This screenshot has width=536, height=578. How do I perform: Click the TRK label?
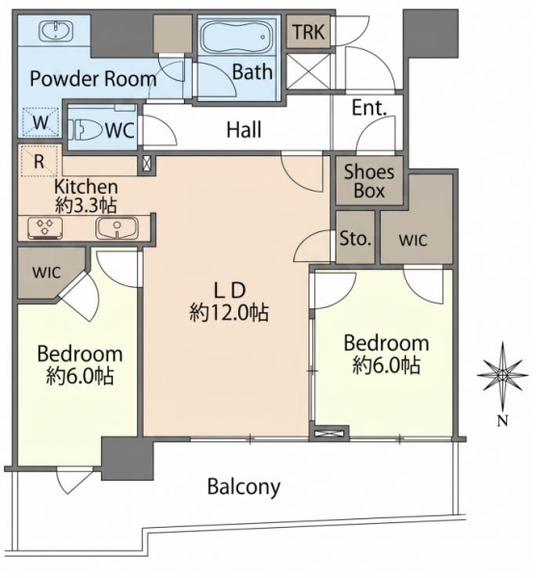tap(308, 32)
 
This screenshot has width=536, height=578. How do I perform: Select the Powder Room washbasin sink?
tap(57, 31)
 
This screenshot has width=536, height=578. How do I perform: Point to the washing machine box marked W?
tap(40, 121)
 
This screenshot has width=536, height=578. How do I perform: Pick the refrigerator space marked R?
tap(40, 161)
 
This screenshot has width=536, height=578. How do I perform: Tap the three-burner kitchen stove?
tap(44, 228)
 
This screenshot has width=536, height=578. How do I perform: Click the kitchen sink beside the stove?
tap(117, 228)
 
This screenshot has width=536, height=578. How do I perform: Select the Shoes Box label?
tap(369, 181)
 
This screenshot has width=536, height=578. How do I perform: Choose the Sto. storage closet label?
tap(355, 238)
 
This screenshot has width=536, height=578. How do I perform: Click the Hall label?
tap(244, 130)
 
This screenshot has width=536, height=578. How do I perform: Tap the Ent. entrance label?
tap(369, 108)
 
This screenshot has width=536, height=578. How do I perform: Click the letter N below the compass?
tap(502, 421)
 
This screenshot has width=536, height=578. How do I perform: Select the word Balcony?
tap(244, 487)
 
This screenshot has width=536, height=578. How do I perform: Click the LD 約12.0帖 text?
tap(229, 302)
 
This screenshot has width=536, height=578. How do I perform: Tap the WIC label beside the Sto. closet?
tap(413, 240)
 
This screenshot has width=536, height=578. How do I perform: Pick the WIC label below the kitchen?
tap(46, 273)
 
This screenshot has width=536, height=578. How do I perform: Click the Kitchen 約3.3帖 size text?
tap(86, 197)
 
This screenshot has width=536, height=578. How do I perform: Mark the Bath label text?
tap(253, 72)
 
